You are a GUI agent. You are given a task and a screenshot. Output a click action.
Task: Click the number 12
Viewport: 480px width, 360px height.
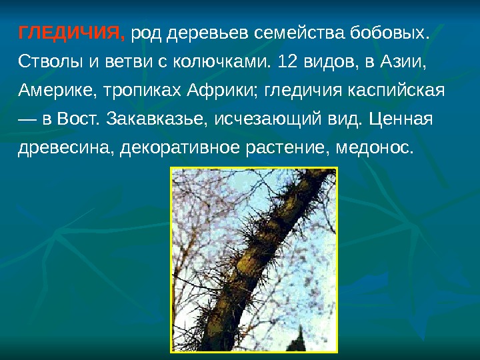tap(287, 62)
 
